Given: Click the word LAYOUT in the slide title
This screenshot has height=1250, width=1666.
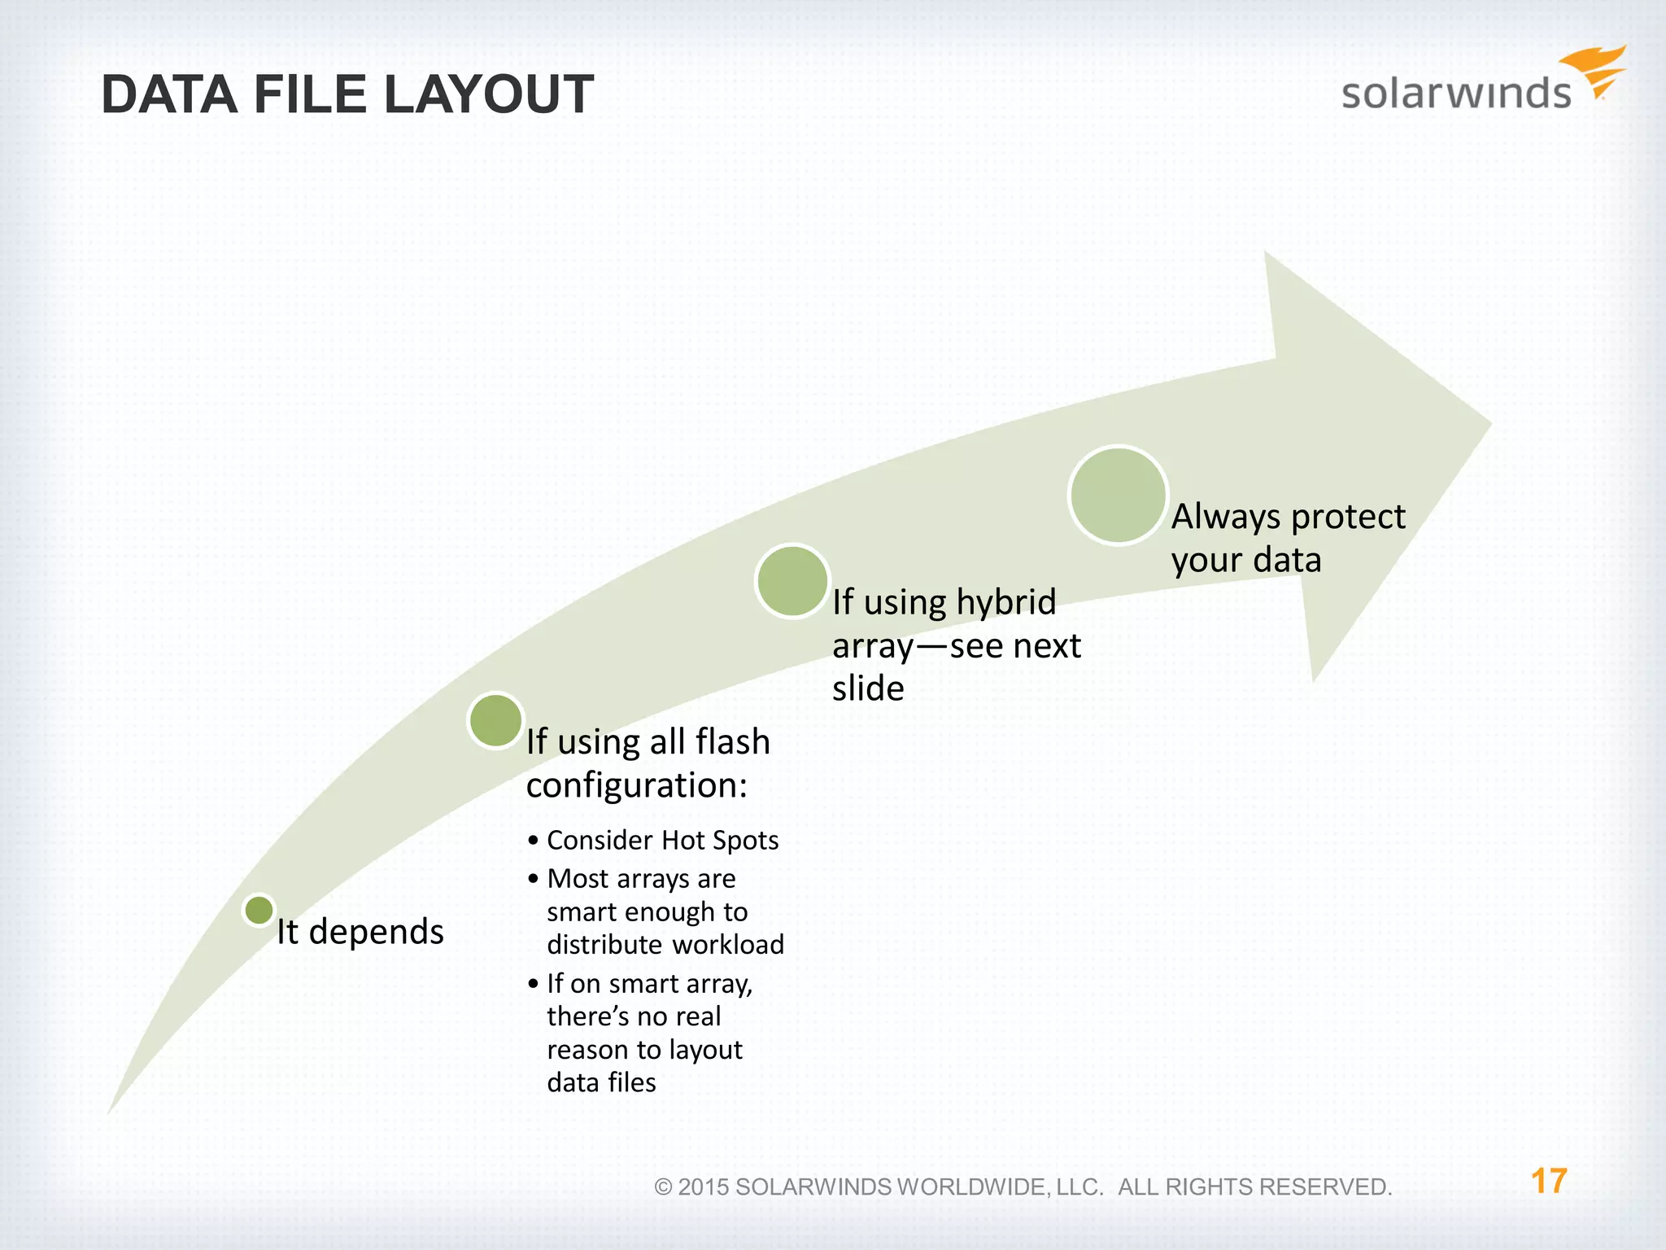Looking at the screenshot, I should [488, 95].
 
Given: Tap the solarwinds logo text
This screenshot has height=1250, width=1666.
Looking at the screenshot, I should [1455, 93].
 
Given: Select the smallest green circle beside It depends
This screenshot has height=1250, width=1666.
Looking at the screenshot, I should [259, 910].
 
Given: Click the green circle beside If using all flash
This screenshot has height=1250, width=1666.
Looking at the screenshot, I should [495, 720].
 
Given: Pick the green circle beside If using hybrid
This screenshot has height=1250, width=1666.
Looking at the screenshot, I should [792, 581].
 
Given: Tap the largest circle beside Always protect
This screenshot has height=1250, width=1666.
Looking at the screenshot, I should [1118, 495].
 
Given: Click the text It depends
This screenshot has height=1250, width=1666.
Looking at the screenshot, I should [360, 931].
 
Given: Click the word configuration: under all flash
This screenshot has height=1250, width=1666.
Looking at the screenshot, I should [636, 785].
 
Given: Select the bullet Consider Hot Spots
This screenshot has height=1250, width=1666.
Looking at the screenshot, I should [662, 840].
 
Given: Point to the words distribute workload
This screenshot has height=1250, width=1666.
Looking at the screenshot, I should [665, 944].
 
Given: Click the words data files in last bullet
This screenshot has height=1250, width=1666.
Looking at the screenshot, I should [601, 1082].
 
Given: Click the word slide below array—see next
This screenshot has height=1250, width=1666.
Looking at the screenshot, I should [868, 688].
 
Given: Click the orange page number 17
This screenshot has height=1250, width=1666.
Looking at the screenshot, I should [1548, 1181].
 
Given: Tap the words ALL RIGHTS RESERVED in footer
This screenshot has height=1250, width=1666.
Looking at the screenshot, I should [1254, 1187].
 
